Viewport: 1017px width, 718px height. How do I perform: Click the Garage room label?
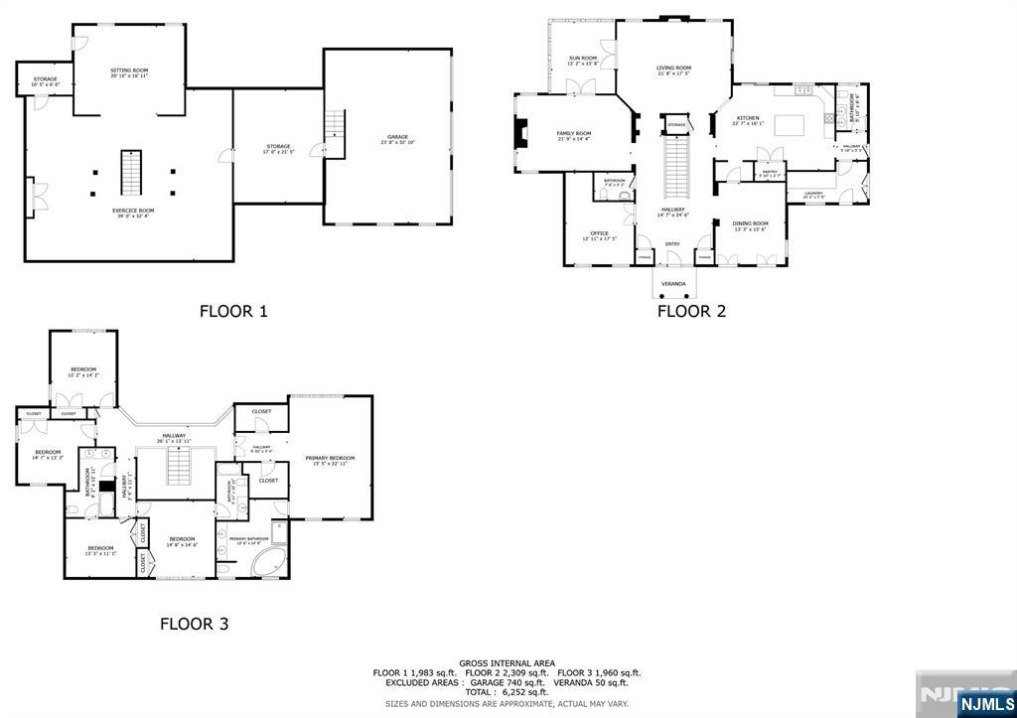397,137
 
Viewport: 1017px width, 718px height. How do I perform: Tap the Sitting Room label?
129,71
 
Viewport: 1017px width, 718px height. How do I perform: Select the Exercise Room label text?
133,211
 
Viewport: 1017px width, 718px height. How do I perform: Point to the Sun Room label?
583,59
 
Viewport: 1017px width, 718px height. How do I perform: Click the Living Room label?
673,68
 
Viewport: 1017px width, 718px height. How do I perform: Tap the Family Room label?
573,133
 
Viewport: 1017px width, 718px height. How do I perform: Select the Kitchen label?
747,118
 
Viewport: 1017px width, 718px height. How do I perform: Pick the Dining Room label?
750,223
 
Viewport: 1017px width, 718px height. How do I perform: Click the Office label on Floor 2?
600,233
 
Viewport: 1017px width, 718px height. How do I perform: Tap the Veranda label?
673,284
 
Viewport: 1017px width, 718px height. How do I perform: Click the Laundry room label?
813,193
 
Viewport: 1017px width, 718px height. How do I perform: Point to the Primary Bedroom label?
330,458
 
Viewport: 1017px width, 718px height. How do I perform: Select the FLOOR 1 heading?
233,311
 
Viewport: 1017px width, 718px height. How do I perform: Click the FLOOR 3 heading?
195,624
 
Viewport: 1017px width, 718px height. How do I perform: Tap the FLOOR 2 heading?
692,311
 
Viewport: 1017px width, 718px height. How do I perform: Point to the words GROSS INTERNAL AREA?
507,663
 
